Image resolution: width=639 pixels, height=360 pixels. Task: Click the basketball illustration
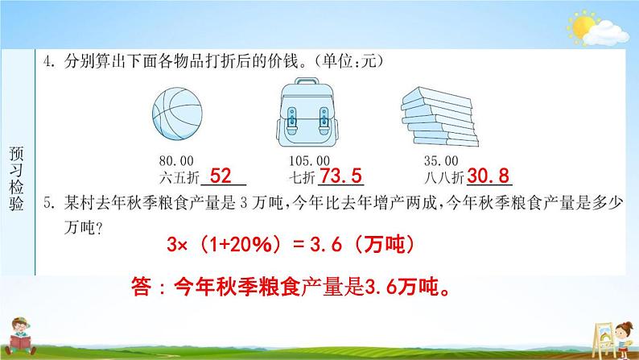click(177, 114)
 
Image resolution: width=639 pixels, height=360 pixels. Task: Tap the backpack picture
click(307, 112)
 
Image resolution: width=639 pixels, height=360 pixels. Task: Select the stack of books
click(439, 117)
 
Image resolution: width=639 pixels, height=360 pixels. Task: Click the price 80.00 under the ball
click(176, 160)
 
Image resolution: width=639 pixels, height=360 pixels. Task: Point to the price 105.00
click(309, 160)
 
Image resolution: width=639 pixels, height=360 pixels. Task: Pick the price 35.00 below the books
click(441, 160)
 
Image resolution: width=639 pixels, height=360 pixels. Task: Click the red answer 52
click(221, 176)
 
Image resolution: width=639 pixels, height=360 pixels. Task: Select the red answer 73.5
click(340, 176)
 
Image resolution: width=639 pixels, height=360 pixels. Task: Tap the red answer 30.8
click(489, 176)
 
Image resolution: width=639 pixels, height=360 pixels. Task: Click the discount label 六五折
click(179, 178)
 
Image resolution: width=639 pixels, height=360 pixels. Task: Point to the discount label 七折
click(302, 178)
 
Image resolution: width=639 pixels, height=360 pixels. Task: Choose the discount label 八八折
click(443, 178)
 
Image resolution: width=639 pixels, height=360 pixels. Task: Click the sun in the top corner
click(583, 27)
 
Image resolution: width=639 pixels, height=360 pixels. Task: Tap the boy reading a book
click(20, 337)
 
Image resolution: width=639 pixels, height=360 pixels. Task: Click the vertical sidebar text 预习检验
click(16, 178)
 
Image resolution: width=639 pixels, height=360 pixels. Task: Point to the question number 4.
click(49, 61)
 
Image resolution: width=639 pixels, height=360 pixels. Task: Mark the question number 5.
click(49, 203)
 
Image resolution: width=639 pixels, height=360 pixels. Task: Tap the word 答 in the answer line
click(141, 286)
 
